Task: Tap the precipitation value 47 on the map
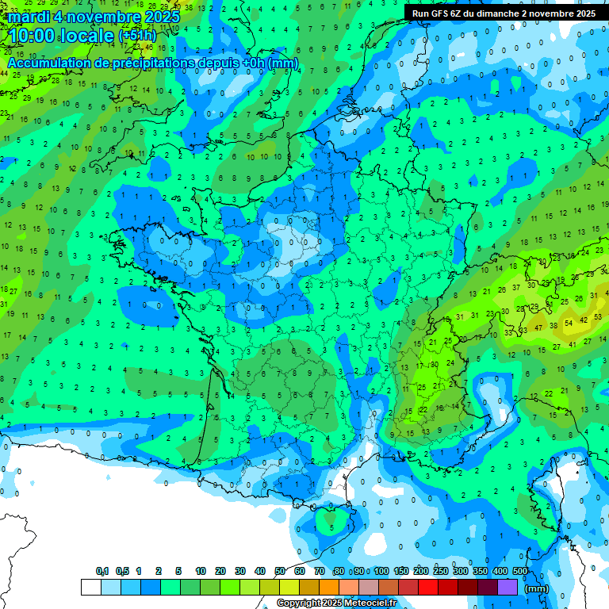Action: [539, 327]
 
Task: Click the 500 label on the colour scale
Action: [520, 571]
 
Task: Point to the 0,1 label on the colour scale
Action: [102, 571]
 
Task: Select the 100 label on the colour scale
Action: [381, 571]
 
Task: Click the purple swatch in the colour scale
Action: [507, 588]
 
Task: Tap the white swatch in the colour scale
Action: [91, 588]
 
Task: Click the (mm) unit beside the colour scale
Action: [537, 588]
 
